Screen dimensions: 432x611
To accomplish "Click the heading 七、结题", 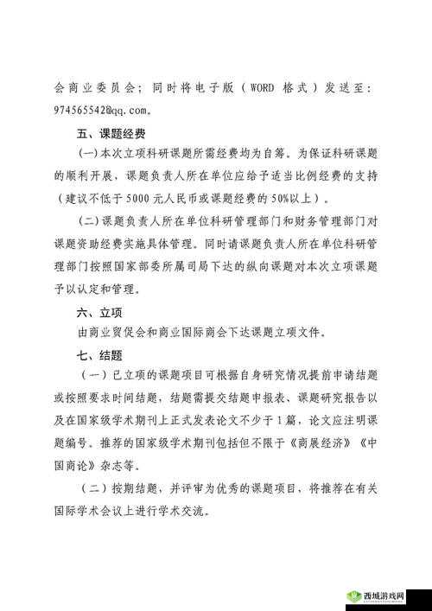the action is coord(95,355).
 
